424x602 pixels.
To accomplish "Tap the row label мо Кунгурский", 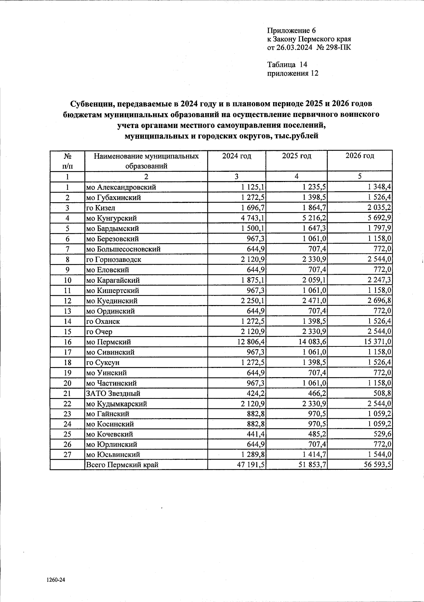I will pos(112,218).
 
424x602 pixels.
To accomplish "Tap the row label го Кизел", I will pos(101,208).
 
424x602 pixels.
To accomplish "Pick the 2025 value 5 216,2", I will pos(311,218).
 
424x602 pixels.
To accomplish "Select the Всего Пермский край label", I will pos(122,465).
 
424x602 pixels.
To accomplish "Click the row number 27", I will pos(67,455).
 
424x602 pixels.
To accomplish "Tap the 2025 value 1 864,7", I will pos(311,208).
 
